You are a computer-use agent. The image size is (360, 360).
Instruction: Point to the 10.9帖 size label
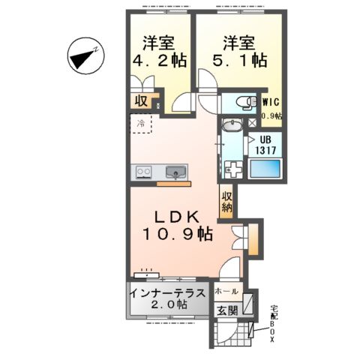click(177, 235)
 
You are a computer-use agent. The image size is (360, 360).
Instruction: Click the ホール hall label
click(227, 291)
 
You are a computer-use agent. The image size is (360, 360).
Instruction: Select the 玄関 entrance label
click(227, 310)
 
